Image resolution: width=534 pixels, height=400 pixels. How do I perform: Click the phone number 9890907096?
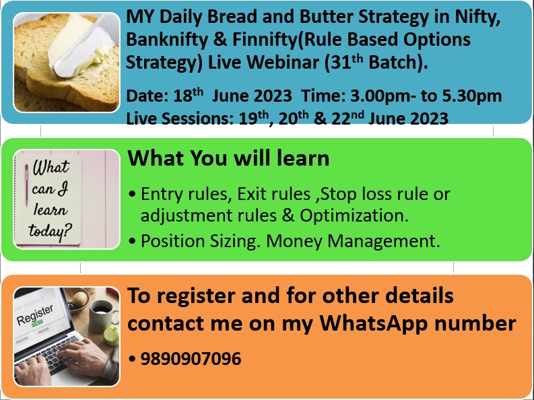(x=191, y=359)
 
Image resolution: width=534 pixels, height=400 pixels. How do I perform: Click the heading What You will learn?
(x=228, y=158)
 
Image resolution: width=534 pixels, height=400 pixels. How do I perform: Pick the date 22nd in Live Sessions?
(x=345, y=119)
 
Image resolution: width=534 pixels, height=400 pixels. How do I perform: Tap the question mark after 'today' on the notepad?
(x=69, y=232)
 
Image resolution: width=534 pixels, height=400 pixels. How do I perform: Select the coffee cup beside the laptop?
(x=102, y=308)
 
